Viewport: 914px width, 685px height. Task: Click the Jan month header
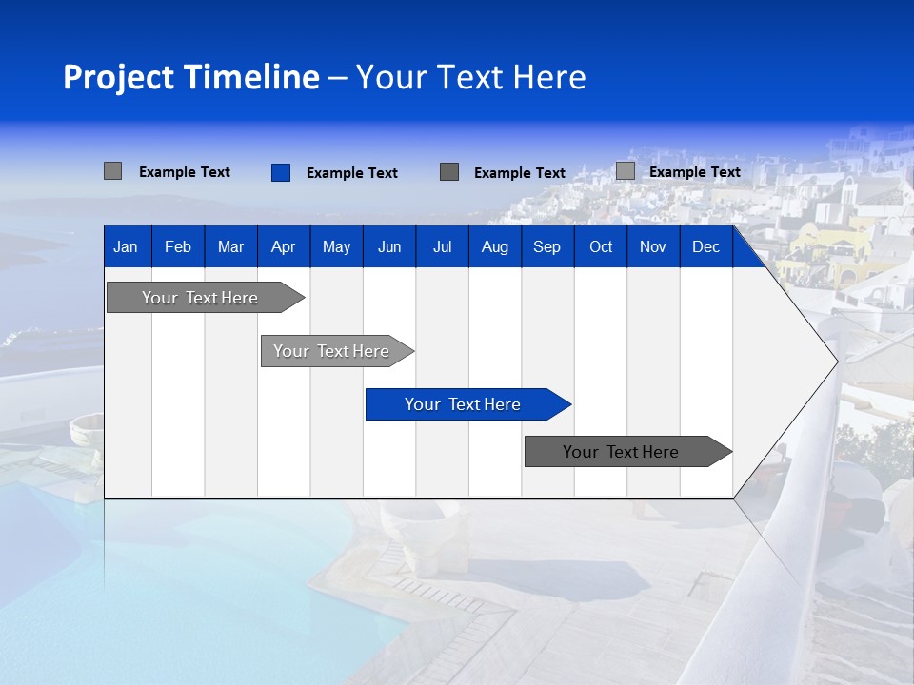pyautogui.click(x=126, y=246)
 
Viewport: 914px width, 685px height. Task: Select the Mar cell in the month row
pyautogui.click(x=230, y=246)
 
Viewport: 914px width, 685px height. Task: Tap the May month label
pyautogui.click(x=336, y=246)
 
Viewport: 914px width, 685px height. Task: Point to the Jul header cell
pyautogui.click(x=442, y=246)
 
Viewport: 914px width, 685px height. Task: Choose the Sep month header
pyautogui.click(x=546, y=246)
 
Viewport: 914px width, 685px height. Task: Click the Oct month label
pyautogui.click(x=601, y=246)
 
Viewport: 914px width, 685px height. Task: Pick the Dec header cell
pyautogui.click(x=705, y=246)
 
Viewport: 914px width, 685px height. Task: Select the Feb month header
pyautogui.click(x=178, y=246)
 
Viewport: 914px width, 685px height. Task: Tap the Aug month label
pyautogui.click(x=494, y=246)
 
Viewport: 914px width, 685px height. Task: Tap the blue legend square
pyautogui.click(x=280, y=172)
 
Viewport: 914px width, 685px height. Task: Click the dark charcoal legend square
pyautogui.click(x=449, y=172)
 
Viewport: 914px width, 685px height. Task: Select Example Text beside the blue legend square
pyautogui.click(x=351, y=173)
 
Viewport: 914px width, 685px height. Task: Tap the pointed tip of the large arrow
pyautogui.click(x=835, y=361)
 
